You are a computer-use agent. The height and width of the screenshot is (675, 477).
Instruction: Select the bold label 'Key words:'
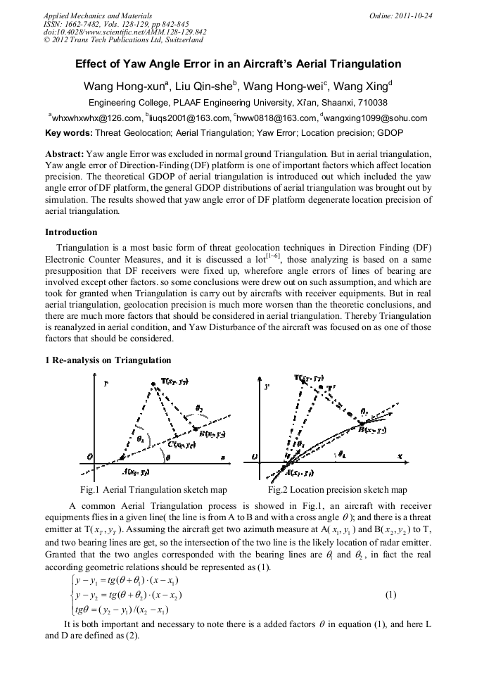click(x=68, y=132)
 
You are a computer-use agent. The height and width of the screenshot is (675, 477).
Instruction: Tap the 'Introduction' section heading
click(x=71, y=232)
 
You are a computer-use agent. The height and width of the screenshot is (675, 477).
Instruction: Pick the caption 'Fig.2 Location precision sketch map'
click(x=338, y=490)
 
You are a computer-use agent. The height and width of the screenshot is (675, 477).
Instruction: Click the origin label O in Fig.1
click(x=89, y=457)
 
